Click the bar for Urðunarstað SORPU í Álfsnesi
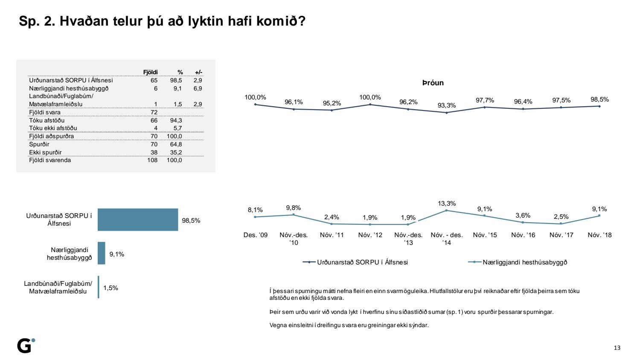click(x=137, y=220)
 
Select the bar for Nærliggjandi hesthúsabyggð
click(x=101, y=253)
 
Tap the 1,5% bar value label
click(x=111, y=288)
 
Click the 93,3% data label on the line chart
click(x=447, y=105)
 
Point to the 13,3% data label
click(x=447, y=203)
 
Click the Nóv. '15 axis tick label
click(x=485, y=235)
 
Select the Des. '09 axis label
click(x=256, y=235)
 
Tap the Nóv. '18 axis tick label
click(x=599, y=235)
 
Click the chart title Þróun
click(x=433, y=83)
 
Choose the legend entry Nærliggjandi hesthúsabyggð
click(x=525, y=262)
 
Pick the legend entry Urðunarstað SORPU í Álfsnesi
click(x=362, y=262)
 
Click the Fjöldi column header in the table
click(x=150, y=73)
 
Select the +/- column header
click(x=198, y=73)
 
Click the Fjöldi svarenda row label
click(x=50, y=160)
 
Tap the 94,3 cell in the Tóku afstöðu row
click(x=176, y=120)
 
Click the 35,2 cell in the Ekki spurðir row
click(x=176, y=152)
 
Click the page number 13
click(x=617, y=348)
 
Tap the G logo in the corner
click(x=25, y=345)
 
